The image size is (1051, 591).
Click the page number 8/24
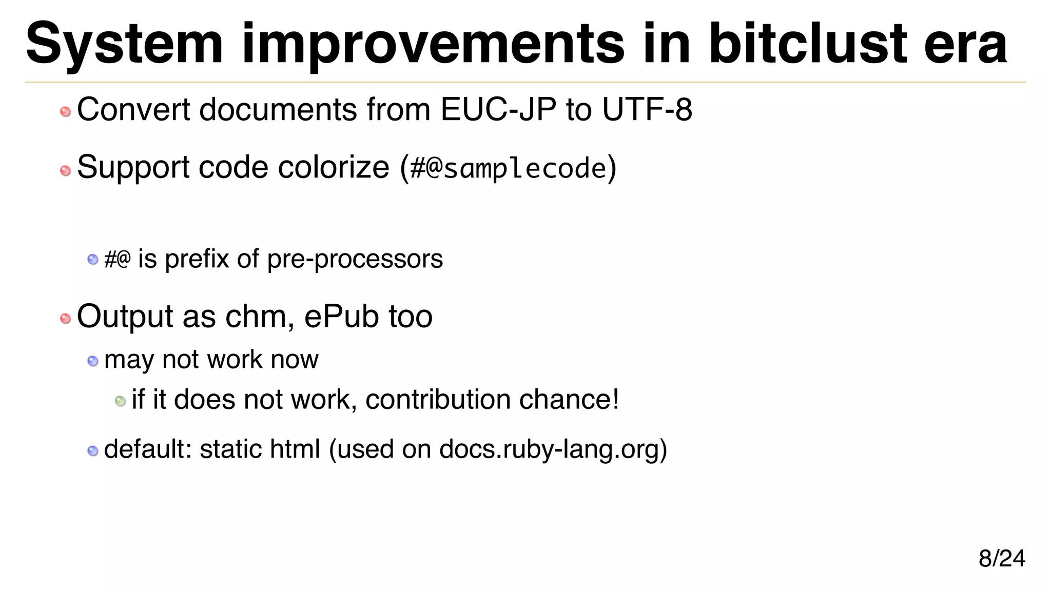pos(1002,558)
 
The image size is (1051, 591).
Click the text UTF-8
pos(647,109)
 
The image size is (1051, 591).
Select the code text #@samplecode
pos(508,168)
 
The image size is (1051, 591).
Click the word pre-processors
pos(355,259)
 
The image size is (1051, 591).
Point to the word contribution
pos(438,400)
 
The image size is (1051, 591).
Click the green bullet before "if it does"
pos(121,401)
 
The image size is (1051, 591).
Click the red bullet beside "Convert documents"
pos(65,111)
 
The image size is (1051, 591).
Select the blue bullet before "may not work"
pos(93,361)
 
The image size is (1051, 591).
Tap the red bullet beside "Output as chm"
pos(65,319)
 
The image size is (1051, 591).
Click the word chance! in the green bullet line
pos(569,400)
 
